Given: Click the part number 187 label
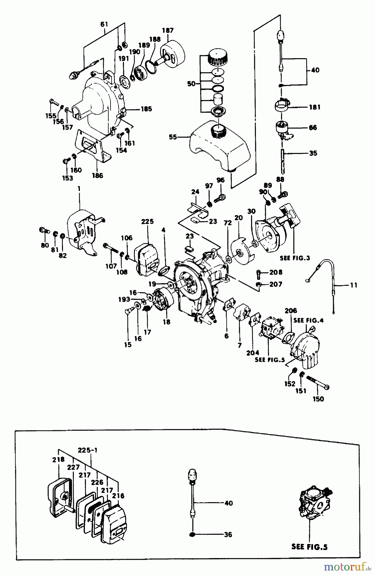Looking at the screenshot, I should (x=168, y=30).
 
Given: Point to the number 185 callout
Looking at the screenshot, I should (x=146, y=109).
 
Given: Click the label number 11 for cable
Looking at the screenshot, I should (x=354, y=285).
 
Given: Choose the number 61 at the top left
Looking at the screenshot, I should (x=104, y=24).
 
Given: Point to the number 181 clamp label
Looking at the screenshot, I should (x=315, y=107).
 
